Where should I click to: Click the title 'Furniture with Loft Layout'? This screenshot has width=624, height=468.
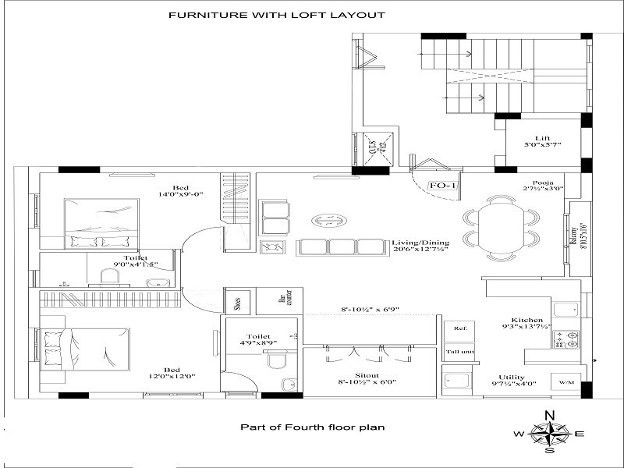[x=276, y=15]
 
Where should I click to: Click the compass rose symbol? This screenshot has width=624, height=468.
[x=549, y=433]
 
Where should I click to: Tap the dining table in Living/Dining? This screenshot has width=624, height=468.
[x=499, y=227]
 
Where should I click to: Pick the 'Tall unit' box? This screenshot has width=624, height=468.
[x=458, y=352]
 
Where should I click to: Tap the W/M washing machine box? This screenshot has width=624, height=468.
[x=565, y=382]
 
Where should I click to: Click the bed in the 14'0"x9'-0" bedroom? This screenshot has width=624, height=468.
[x=101, y=224]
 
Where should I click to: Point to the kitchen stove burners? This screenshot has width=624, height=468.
[x=566, y=339]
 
